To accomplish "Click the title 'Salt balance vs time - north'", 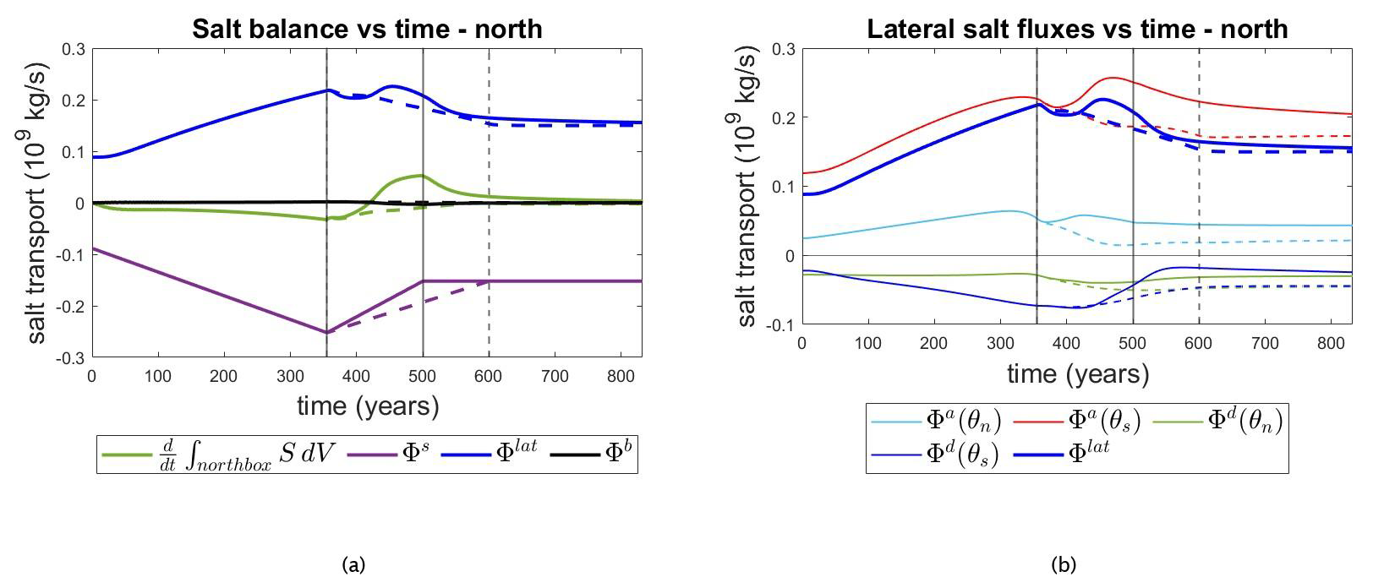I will pyautogui.click(x=367, y=29).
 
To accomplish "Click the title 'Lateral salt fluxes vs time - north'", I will pyautogui.click(x=1076, y=29).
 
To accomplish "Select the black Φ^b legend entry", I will pyautogui.click(x=591, y=454).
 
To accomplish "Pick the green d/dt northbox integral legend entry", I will pyautogui.click(x=220, y=454).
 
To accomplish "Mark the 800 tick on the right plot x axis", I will pyautogui.click(x=1331, y=343).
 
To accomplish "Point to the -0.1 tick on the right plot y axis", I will pyautogui.click(x=782, y=325).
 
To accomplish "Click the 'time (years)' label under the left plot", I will pyautogui.click(x=368, y=406).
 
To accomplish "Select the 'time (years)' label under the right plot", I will pyautogui.click(x=1078, y=373).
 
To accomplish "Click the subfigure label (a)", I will pyautogui.click(x=353, y=564).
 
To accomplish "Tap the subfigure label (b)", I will pyautogui.click(x=1063, y=564).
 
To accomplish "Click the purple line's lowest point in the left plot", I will pyautogui.click(x=327, y=333).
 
